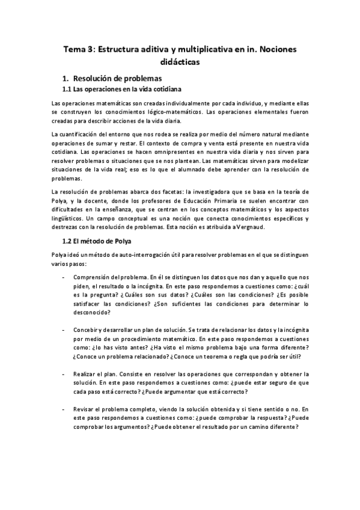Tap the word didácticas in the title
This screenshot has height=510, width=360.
click(180, 61)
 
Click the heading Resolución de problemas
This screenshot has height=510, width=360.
click(121, 78)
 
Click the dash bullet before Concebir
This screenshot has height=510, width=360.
click(64, 330)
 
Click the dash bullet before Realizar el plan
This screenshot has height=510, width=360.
click(64, 373)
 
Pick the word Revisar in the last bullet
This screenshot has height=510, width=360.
click(85, 409)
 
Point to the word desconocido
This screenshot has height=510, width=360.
click(91, 313)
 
